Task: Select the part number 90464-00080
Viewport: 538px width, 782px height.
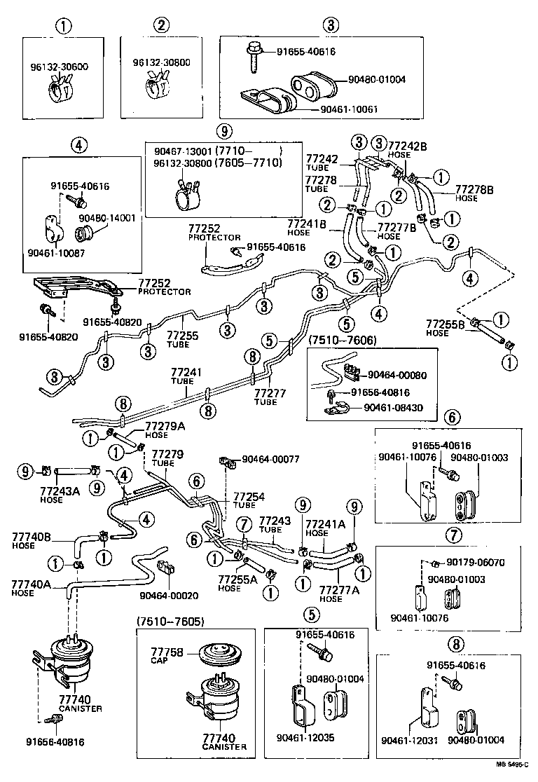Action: pyautogui.click(x=396, y=376)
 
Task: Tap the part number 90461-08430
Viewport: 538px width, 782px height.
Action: pyautogui.click(x=396, y=406)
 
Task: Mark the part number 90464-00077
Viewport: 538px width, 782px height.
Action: pyautogui.click(x=270, y=460)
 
